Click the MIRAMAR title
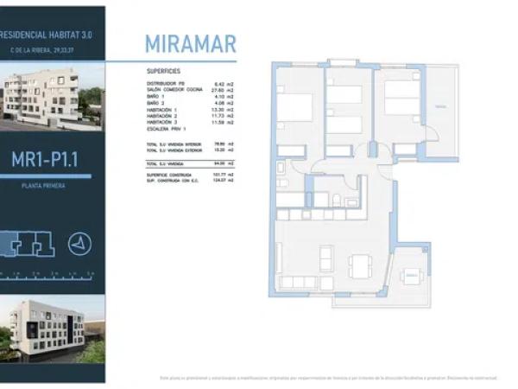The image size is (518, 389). point(190,44)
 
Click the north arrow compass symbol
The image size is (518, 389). point(80,244)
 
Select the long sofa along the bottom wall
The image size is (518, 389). point(300,282)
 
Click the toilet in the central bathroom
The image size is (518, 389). point(336,201)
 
